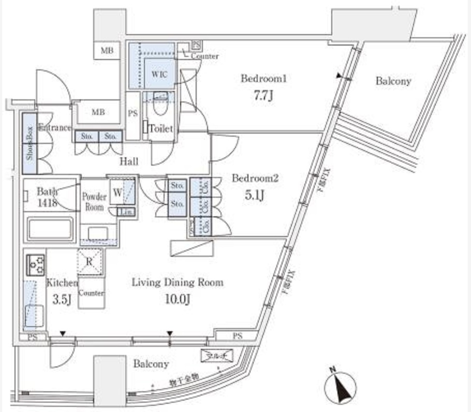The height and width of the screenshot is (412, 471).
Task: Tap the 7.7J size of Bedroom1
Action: click(263, 96)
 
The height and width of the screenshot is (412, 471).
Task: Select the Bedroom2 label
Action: click(255, 179)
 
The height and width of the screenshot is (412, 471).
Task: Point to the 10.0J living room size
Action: click(177, 299)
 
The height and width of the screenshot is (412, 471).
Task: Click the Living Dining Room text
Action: click(177, 283)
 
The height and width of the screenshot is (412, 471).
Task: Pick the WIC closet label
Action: click(159, 73)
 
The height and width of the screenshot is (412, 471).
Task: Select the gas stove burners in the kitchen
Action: click(35, 264)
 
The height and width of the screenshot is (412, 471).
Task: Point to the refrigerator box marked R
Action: click(90, 262)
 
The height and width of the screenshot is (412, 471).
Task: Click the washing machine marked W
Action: click(117, 193)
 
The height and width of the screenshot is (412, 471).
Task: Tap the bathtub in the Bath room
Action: click(50, 229)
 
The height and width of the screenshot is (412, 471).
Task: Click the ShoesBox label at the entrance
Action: click(30, 142)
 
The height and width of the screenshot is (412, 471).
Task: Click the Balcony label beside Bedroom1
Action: click(393, 81)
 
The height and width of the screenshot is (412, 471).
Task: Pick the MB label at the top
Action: click(107, 51)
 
